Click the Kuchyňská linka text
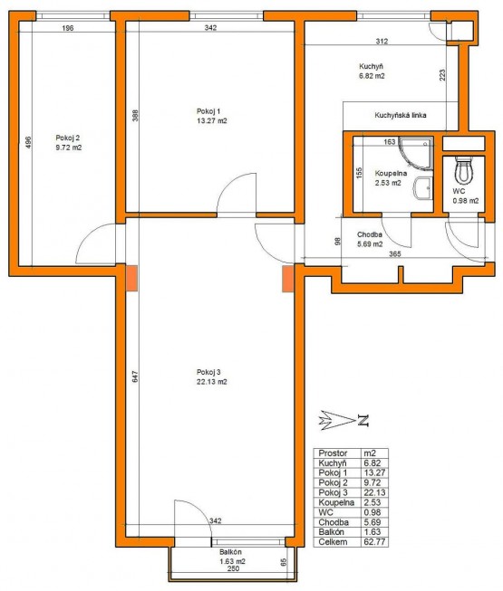point(401,115)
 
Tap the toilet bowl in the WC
point(463,171)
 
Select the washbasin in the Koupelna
point(422,186)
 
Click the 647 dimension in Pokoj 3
point(135,377)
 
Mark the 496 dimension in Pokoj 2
point(28,142)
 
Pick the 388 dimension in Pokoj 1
point(135,115)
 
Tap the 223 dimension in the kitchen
point(442,74)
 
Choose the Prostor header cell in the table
point(333,453)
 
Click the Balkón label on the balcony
point(230,552)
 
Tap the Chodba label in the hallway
point(370,234)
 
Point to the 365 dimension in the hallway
point(395,254)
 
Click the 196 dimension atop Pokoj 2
point(67,28)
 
